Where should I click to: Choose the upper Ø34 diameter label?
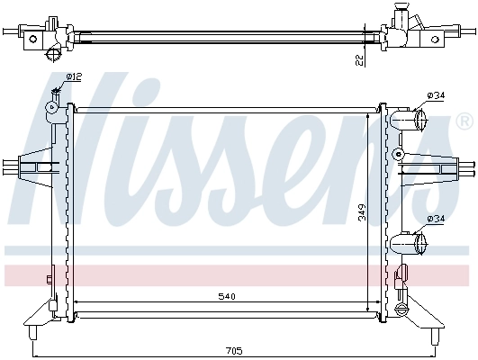436,96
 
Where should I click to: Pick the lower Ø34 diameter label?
436,219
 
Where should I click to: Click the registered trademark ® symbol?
463,120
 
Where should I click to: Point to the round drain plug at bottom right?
402,310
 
